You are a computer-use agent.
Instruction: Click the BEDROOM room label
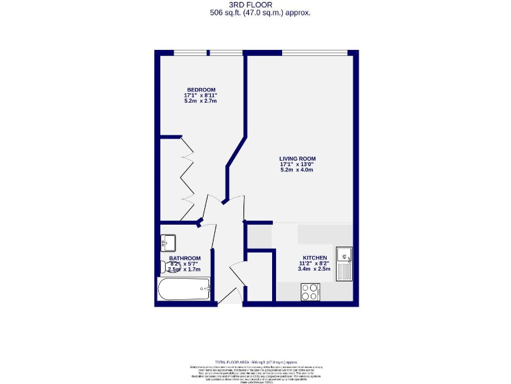[x=200, y=89]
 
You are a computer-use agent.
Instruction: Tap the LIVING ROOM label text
[x=297, y=159]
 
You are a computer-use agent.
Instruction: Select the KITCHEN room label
[x=315, y=257]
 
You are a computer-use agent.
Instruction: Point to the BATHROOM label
[x=184, y=258]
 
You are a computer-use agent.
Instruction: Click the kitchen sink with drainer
[x=344, y=264]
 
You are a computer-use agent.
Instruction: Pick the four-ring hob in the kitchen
[x=310, y=291]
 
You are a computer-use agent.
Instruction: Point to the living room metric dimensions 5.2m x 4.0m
[x=297, y=170]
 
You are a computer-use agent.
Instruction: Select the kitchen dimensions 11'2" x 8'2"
[x=315, y=263]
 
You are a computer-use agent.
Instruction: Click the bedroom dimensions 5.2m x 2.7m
[x=200, y=101]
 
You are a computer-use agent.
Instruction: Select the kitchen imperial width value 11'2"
[x=305, y=263]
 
